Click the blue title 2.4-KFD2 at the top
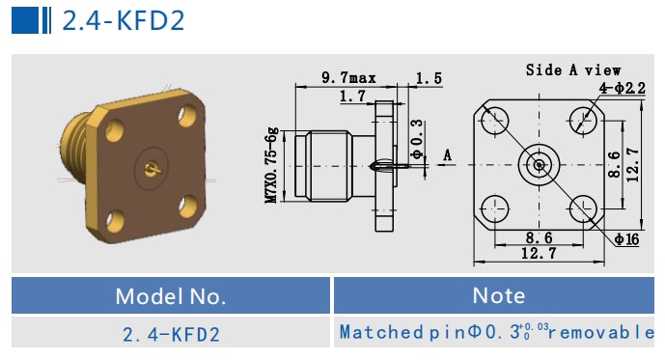(x=124, y=20)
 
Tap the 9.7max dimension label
(x=348, y=77)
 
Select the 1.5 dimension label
(x=429, y=78)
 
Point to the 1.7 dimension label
(x=352, y=96)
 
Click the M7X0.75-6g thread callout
(x=271, y=165)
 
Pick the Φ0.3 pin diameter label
(x=417, y=139)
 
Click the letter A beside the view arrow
(x=448, y=155)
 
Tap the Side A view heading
(x=573, y=69)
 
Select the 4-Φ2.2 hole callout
(x=623, y=88)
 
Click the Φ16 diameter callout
(x=626, y=239)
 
